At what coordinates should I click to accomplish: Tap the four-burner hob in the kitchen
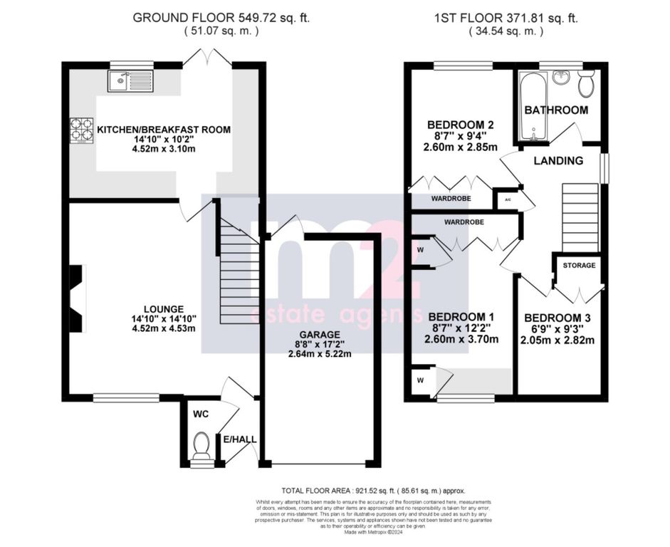click(80, 130)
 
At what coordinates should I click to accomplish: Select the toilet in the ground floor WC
click(201, 446)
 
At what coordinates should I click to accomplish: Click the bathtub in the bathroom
click(530, 105)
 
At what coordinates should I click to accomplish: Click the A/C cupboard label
click(508, 200)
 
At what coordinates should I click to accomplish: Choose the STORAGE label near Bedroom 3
click(579, 265)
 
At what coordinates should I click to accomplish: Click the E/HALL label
click(240, 439)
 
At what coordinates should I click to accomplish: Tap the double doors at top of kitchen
click(211, 58)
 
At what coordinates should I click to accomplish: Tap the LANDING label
click(559, 160)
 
